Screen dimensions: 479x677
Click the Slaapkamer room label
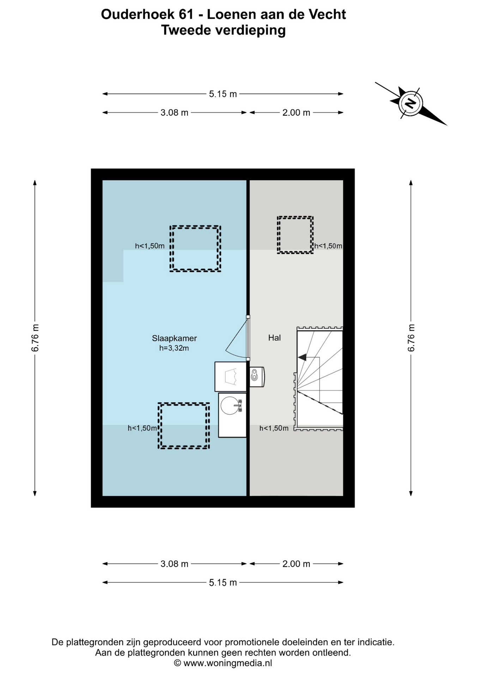[x=174, y=338]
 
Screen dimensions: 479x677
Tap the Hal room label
[x=274, y=338]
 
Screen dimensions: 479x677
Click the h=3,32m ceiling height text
[x=174, y=348]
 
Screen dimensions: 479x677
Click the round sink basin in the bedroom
[x=230, y=405]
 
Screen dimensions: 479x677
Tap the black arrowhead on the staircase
[x=302, y=357]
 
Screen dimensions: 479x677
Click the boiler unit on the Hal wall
[x=257, y=377]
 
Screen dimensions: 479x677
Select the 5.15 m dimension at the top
[x=223, y=94]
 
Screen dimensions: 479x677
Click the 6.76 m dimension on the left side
[x=35, y=338]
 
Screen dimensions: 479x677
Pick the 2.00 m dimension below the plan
[x=296, y=564]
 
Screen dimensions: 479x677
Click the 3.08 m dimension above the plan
[x=174, y=112]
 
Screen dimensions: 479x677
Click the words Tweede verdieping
[x=223, y=30]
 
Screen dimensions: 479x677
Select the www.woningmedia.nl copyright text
[x=223, y=663]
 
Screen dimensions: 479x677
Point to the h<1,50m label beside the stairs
[x=274, y=428]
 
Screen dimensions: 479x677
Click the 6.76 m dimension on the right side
[x=411, y=338]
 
